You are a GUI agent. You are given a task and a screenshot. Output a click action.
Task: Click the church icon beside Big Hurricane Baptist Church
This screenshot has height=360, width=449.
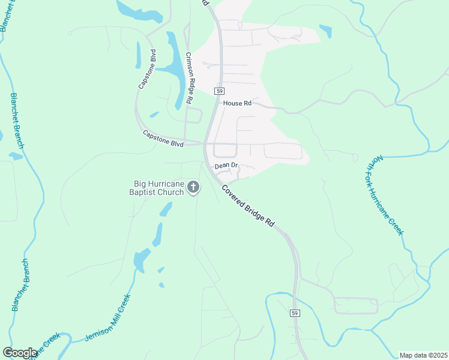pos(193,188)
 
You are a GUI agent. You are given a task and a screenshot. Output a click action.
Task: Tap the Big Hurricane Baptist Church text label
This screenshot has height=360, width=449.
pos(158,188)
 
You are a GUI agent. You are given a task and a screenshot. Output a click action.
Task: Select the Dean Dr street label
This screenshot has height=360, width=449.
pos(227,165)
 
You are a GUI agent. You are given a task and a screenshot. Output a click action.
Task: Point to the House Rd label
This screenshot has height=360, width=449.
pos(237,103)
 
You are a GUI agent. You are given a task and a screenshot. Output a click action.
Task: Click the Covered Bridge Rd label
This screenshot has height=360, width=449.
pos(248,205)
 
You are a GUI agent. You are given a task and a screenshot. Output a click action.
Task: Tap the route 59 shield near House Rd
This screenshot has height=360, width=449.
pos(220,91)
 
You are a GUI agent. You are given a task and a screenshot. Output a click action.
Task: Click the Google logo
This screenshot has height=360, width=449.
pos(20,353)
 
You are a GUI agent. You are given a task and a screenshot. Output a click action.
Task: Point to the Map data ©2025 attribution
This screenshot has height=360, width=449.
pos(423,355)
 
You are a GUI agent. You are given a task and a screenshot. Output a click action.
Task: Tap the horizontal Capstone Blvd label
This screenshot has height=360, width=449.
pos(163,137)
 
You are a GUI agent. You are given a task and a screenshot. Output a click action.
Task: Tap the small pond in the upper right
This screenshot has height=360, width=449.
pos(326,31)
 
